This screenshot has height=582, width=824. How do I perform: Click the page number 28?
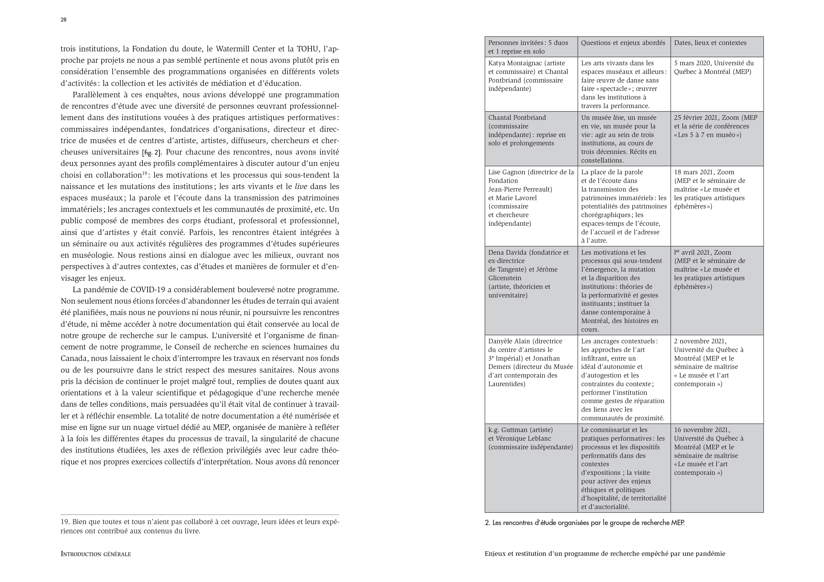pos(63,20)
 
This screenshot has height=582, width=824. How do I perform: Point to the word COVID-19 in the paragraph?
pos(147,290)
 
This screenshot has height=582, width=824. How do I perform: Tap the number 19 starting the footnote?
pos(65,522)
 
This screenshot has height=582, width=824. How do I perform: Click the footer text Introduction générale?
pos(96,554)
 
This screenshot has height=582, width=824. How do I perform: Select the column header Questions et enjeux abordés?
pos(623,43)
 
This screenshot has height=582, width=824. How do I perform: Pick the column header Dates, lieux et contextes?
pos(710,43)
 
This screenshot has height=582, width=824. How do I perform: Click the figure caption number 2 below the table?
pos(487,523)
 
